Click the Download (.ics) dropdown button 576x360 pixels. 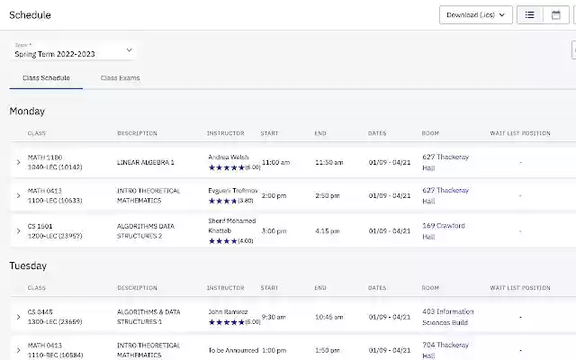[476, 15]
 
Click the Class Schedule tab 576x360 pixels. [46, 78]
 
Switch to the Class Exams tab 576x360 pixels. [120, 78]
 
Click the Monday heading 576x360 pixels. [27, 112]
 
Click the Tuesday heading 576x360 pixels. [28, 266]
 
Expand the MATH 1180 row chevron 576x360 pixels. [18, 163]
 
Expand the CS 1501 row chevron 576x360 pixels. [18, 231]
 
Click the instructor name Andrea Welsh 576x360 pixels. [229, 157]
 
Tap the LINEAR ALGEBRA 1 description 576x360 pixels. [146, 163]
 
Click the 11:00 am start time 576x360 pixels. [275, 163]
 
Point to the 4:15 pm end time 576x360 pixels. [327, 231]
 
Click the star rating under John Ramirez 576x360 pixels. [227, 322]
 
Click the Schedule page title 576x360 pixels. [30, 15]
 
